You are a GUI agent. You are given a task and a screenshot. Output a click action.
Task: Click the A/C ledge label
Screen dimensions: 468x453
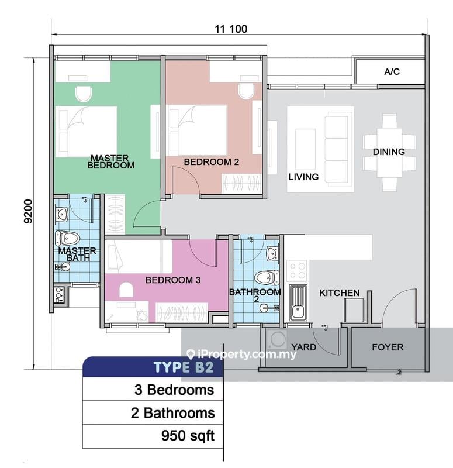coord(392,72)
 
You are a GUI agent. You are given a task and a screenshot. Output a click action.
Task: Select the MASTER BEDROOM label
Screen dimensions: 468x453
coord(110,161)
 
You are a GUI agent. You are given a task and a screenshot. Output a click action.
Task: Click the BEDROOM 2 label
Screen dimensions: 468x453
coord(212,161)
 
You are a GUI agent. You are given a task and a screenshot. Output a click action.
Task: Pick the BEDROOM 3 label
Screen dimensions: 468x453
coord(173,280)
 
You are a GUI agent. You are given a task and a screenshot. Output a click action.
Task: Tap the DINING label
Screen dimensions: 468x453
coord(389,152)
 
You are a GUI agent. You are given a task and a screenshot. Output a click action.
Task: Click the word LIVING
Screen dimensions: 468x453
coord(303,176)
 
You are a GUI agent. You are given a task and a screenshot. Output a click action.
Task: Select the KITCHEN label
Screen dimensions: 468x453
coord(339,292)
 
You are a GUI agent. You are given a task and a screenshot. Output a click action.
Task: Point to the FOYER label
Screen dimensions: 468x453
coord(388,347)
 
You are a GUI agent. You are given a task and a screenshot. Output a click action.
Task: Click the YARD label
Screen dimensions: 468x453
coord(303,347)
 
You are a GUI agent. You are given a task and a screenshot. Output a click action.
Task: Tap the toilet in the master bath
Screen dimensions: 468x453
coord(68,238)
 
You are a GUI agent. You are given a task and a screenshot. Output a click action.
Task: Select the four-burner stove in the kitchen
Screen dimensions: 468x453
coord(298,270)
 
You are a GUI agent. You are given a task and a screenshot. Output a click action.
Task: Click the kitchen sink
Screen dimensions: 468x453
coord(298,302)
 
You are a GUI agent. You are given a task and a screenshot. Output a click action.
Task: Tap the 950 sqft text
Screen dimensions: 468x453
coord(188,435)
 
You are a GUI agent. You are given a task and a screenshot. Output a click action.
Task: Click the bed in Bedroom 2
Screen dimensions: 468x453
coord(198,130)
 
